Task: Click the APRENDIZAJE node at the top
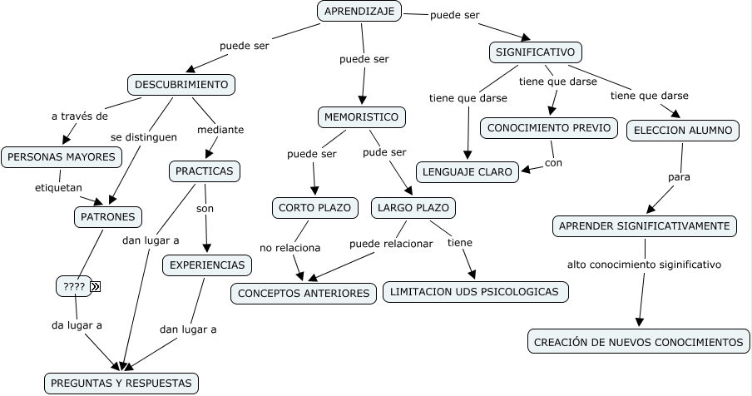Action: (x=359, y=11)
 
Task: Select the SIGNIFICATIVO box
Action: (x=535, y=52)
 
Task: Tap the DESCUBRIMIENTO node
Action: (x=181, y=85)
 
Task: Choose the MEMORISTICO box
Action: (x=362, y=117)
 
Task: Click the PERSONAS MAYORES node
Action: (x=62, y=156)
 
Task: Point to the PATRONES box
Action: (x=107, y=217)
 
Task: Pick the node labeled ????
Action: (x=73, y=287)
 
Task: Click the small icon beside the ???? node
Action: (x=96, y=287)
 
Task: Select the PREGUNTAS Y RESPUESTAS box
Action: (x=121, y=384)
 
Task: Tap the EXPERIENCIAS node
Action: (x=207, y=265)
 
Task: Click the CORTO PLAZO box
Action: (x=315, y=207)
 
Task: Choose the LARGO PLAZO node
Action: (x=413, y=207)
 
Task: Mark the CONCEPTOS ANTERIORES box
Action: (x=304, y=294)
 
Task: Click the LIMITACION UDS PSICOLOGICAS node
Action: (x=476, y=292)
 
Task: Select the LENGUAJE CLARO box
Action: (x=468, y=172)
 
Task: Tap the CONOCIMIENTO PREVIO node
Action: (x=549, y=128)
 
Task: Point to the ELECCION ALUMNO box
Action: (x=683, y=131)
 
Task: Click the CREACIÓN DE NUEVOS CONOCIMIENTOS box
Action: (x=638, y=341)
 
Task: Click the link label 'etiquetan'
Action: (x=58, y=188)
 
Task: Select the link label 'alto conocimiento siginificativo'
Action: (x=644, y=265)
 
